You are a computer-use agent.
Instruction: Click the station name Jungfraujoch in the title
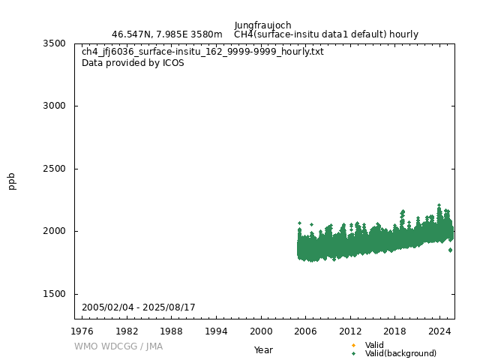click(x=262, y=25)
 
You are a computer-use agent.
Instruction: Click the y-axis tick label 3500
click(x=54, y=43)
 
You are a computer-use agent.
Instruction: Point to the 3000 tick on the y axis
click(x=54, y=106)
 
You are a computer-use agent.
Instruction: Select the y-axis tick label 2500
click(x=54, y=169)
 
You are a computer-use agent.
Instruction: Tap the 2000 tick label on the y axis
click(x=54, y=231)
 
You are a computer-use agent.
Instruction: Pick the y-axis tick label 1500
click(x=54, y=294)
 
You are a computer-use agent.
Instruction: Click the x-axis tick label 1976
click(x=82, y=331)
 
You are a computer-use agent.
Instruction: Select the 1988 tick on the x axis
click(x=172, y=331)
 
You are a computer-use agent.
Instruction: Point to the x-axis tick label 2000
click(x=261, y=331)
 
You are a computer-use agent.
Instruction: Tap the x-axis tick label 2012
click(x=350, y=331)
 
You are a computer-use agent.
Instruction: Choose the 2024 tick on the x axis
click(x=439, y=331)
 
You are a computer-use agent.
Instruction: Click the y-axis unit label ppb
click(x=12, y=181)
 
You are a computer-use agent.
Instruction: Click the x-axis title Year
click(x=263, y=349)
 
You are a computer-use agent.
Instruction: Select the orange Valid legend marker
click(x=353, y=346)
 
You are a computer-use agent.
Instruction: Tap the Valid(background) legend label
click(x=400, y=353)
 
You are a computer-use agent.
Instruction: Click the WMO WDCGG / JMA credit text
click(x=118, y=346)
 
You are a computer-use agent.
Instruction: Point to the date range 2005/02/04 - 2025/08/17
click(x=139, y=307)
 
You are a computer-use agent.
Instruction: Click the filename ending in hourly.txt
click(x=202, y=52)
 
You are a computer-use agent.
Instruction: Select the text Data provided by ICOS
click(x=133, y=63)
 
